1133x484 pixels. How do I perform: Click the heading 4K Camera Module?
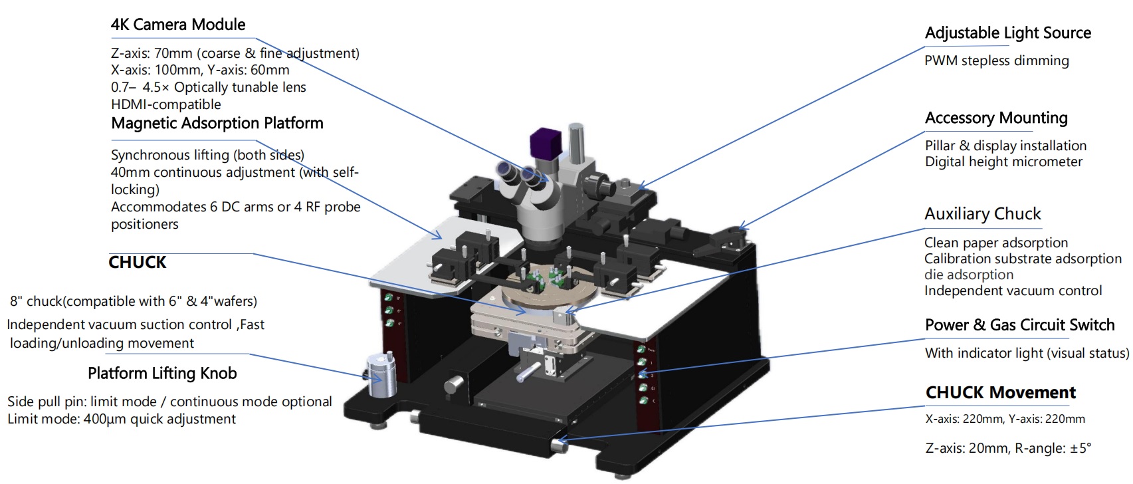pyautogui.click(x=177, y=25)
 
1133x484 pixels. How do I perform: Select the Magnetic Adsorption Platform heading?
pyautogui.click(x=217, y=123)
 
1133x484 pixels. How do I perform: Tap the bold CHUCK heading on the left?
pyautogui.click(x=137, y=262)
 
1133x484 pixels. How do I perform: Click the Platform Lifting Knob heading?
pyautogui.click(x=162, y=373)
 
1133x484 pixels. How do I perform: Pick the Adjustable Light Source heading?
pyautogui.click(x=1007, y=33)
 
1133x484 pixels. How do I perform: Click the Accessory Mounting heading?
pyautogui.click(x=995, y=118)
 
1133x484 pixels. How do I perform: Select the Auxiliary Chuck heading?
pyautogui.click(x=982, y=213)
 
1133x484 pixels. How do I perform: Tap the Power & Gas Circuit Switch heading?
pyautogui.click(x=1019, y=324)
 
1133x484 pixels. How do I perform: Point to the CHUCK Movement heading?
pyautogui.click(x=1000, y=392)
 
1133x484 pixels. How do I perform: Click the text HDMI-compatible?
pyautogui.click(x=165, y=104)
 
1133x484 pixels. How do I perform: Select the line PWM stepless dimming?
pyautogui.click(x=996, y=60)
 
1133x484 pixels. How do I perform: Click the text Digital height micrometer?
pyautogui.click(x=1003, y=162)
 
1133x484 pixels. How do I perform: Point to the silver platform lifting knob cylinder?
pyautogui.click(x=381, y=376)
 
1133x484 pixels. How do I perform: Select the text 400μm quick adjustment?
pyautogui.click(x=159, y=419)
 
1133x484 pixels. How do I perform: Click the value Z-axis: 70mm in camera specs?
pyautogui.click(x=151, y=53)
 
